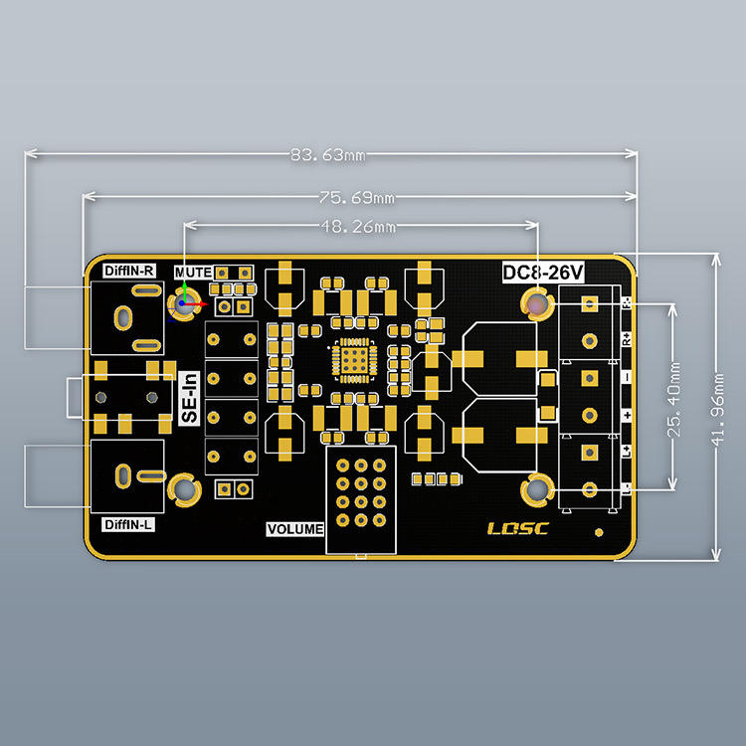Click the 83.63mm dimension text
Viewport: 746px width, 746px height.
point(327,155)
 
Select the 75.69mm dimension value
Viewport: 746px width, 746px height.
point(357,196)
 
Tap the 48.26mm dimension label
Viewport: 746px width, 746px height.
point(357,227)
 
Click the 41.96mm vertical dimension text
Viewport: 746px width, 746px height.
point(718,405)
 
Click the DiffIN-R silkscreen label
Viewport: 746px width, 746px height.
point(129,270)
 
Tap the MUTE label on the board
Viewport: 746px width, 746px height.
point(193,272)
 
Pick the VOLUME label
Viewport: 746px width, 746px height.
point(295,529)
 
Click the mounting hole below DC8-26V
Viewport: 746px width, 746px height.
point(538,302)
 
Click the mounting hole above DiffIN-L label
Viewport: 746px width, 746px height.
point(185,488)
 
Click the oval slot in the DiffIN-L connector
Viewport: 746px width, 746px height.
point(123,474)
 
